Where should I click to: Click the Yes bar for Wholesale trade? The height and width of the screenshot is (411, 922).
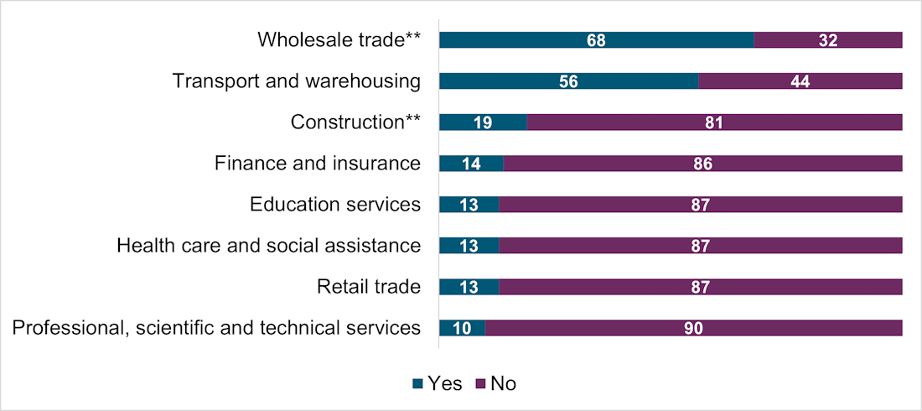pyautogui.click(x=596, y=40)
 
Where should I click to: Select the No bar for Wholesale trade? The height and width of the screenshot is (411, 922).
pyautogui.click(x=828, y=40)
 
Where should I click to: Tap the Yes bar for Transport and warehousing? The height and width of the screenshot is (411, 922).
pyautogui.click(x=568, y=81)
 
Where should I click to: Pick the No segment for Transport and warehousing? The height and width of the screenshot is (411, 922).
pyautogui.click(x=800, y=81)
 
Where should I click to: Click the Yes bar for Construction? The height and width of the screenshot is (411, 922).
pyautogui.click(x=483, y=122)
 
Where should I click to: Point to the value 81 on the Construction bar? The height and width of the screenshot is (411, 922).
pyautogui.click(x=714, y=122)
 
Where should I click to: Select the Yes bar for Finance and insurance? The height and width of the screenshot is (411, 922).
pyautogui.click(x=471, y=164)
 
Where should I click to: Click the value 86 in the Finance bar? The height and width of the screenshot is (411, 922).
pyautogui.click(x=702, y=164)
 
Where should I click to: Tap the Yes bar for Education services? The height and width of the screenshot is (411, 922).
pyautogui.click(x=469, y=205)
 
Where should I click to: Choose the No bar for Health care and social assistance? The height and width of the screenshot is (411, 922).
pyautogui.click(x=700, y=246)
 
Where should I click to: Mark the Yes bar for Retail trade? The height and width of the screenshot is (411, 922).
pyautogui.click(x=469, y=287)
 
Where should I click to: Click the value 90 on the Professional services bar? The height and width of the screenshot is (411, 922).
pyautogui.click(x=693, y=328)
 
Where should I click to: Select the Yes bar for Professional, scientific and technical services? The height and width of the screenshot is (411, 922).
pyautogui.click(x=462, y=328)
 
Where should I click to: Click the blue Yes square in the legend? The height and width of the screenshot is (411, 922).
pyautogui.click(x=417, y=384)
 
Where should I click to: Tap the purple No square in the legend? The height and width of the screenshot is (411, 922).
pyautogui.click(x=480, y=384)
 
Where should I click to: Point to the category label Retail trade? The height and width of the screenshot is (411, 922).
pyautogui.click(x=368, y=287)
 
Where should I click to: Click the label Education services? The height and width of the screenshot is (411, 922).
pyautogui.click(x=335, y=205)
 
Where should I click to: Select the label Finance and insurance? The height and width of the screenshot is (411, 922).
pyautogui.click(x=317, y=164)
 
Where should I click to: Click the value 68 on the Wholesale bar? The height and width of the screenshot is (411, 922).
pyautogui.click(x=596, y=40)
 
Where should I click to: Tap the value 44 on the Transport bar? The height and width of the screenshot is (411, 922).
pyautogui.click(x=800, y=81)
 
